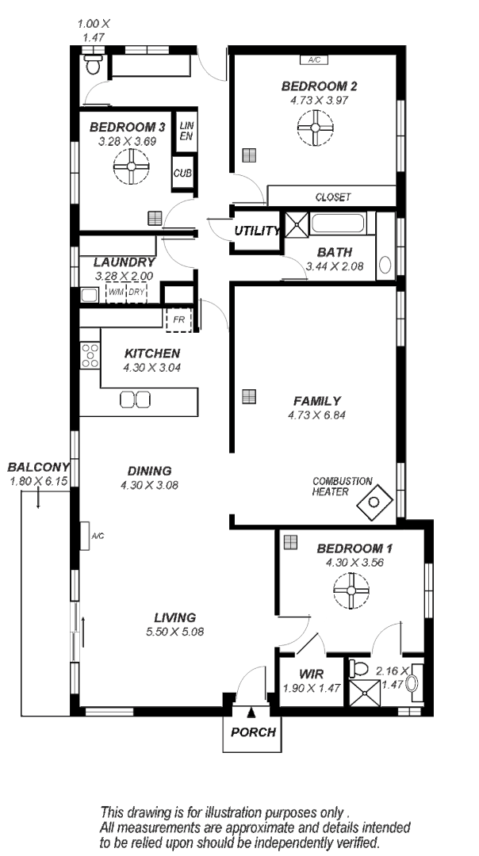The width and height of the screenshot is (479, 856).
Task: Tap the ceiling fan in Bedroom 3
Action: click(130, 167)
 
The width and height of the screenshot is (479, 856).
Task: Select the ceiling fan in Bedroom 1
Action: click(351, 590)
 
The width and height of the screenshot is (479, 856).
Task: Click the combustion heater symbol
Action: click(373, 502)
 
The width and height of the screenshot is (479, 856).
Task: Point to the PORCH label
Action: click(253, 732)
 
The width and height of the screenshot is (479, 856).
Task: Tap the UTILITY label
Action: click(256, 231)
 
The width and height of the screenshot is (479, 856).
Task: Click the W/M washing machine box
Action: click(116, 292)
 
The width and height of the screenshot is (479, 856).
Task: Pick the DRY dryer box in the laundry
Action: click(137, 292)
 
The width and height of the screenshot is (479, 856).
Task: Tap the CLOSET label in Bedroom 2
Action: click(332, 197)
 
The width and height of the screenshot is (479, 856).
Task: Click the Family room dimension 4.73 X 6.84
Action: click(317, 415)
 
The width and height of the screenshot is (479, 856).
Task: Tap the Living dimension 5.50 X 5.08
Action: click(174, 632)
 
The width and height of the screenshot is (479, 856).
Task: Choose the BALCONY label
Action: click(38, 467)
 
